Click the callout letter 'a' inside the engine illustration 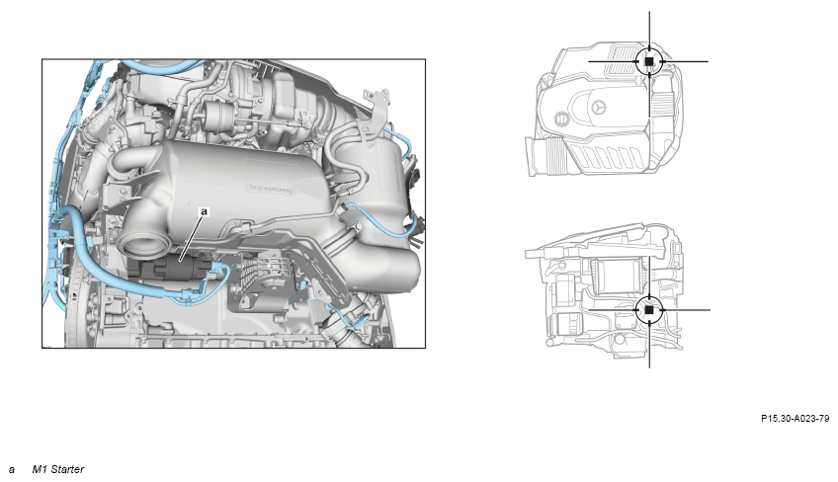[204, 211]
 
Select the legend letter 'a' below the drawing [12, 470]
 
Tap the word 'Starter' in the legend [67, 469]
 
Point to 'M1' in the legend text [40, 469]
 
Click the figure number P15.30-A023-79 [796, 419]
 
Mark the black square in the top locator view [649, 61]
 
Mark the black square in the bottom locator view [649, 309]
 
